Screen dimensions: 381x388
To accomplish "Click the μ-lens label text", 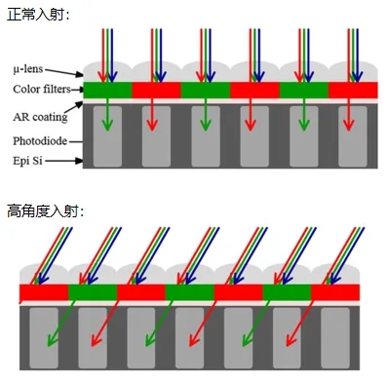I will point(29,70).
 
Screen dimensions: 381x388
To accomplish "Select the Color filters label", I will point(42,90).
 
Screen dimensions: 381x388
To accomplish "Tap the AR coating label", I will point(38,117).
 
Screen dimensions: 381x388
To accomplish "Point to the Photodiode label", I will point(39,140).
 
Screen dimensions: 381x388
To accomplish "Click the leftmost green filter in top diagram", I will point(106,91).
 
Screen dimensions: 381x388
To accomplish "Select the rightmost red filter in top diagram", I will point(353,91).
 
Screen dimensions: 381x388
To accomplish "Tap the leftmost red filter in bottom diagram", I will point(44,292).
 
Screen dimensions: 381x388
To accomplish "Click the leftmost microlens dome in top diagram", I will point(106,73).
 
